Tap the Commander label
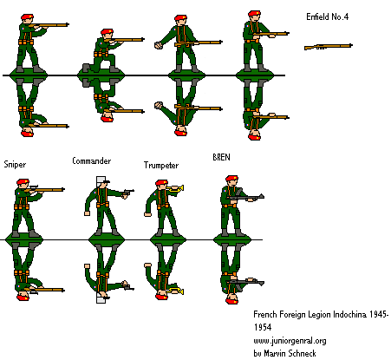91,161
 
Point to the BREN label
222,157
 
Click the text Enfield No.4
329,17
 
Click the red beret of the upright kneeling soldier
108,34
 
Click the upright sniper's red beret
23,183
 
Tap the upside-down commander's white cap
102,298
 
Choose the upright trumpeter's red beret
161,183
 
